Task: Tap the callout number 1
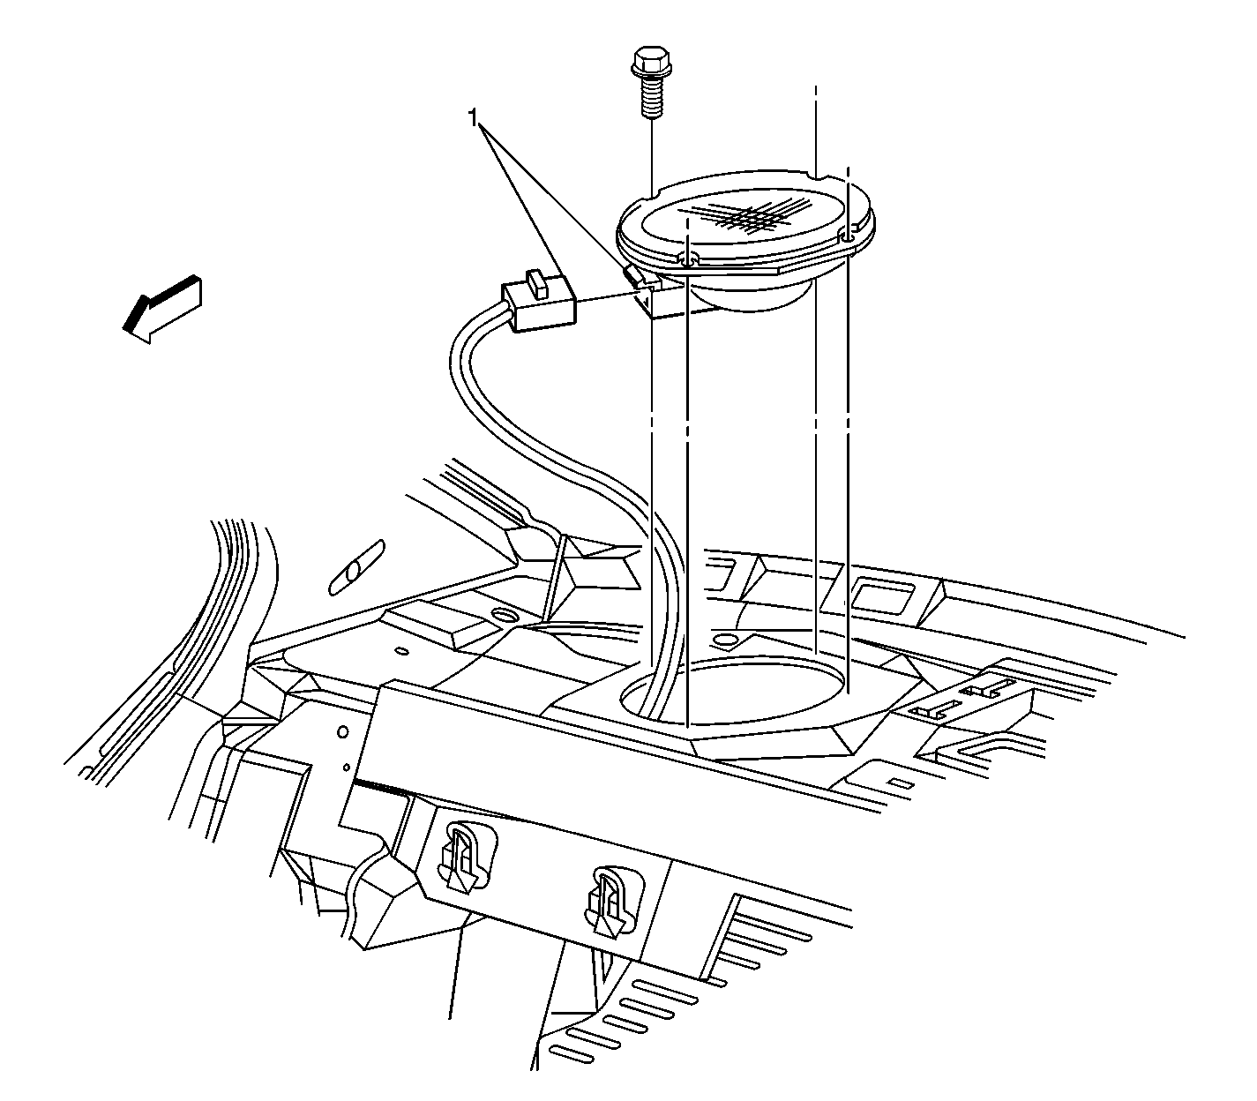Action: coord(473,117)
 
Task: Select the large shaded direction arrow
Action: coord(163,308)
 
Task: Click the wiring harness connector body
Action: coord(538,304)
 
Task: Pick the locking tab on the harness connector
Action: coord(538,284)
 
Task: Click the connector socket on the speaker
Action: coord(653,296)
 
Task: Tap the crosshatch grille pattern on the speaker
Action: coord(744,215)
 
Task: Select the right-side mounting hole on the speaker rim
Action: coord(848,236)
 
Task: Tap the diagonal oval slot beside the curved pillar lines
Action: coord(357,568)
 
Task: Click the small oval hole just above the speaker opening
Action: coord(726,639)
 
